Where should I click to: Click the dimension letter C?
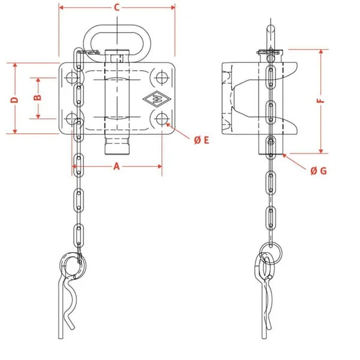tap(117, 8)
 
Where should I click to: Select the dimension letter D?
tap(14, 100)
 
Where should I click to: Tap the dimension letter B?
tap(37, 97)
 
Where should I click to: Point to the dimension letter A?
tap(116, 166)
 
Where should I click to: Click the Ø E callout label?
tap(202, 140)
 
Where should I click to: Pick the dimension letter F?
tap(321, 101)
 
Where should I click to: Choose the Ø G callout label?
tap(319, 171)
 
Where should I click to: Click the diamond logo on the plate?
tap(157, 99)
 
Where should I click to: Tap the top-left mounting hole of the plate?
tap(71, 77)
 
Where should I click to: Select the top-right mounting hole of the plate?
tap(162, 77)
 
